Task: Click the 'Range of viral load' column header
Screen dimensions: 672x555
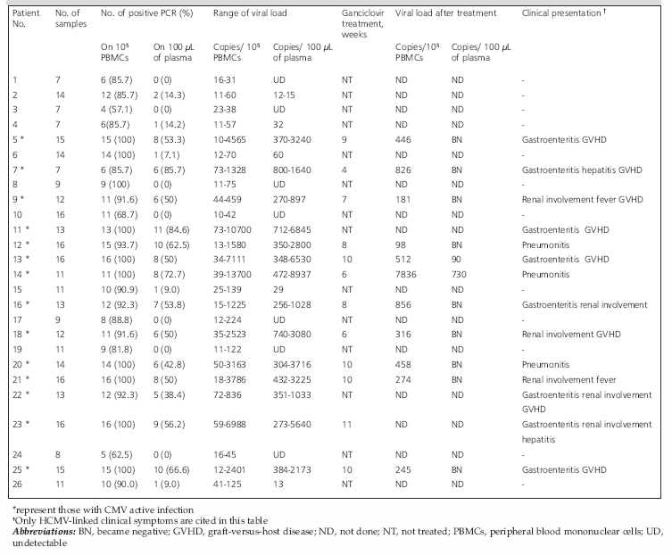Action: pos(250,13)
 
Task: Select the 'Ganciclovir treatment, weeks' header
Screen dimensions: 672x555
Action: pos(362,24)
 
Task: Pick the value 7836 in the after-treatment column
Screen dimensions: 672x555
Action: pos(405,275)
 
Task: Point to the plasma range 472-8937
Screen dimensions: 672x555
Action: pos(292,275)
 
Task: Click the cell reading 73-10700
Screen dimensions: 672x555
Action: pos(232,229)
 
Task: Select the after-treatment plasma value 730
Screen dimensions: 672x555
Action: pos(459,275)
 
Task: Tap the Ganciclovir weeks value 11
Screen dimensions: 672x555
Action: pos(347,425)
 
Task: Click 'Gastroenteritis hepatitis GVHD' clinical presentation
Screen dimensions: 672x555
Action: pos(582,170)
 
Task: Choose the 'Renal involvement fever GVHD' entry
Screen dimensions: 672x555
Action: pos(582,200)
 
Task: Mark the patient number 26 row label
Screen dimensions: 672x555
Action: pos(17,485)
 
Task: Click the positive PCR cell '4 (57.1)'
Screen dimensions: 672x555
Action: pos(117,110)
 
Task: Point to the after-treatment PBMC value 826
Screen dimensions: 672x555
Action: pos(402,170)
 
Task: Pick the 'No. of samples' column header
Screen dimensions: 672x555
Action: pos(71,19)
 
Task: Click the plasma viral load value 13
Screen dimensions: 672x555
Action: pos(278,485)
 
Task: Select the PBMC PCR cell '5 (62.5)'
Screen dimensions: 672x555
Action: pos(117,455)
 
